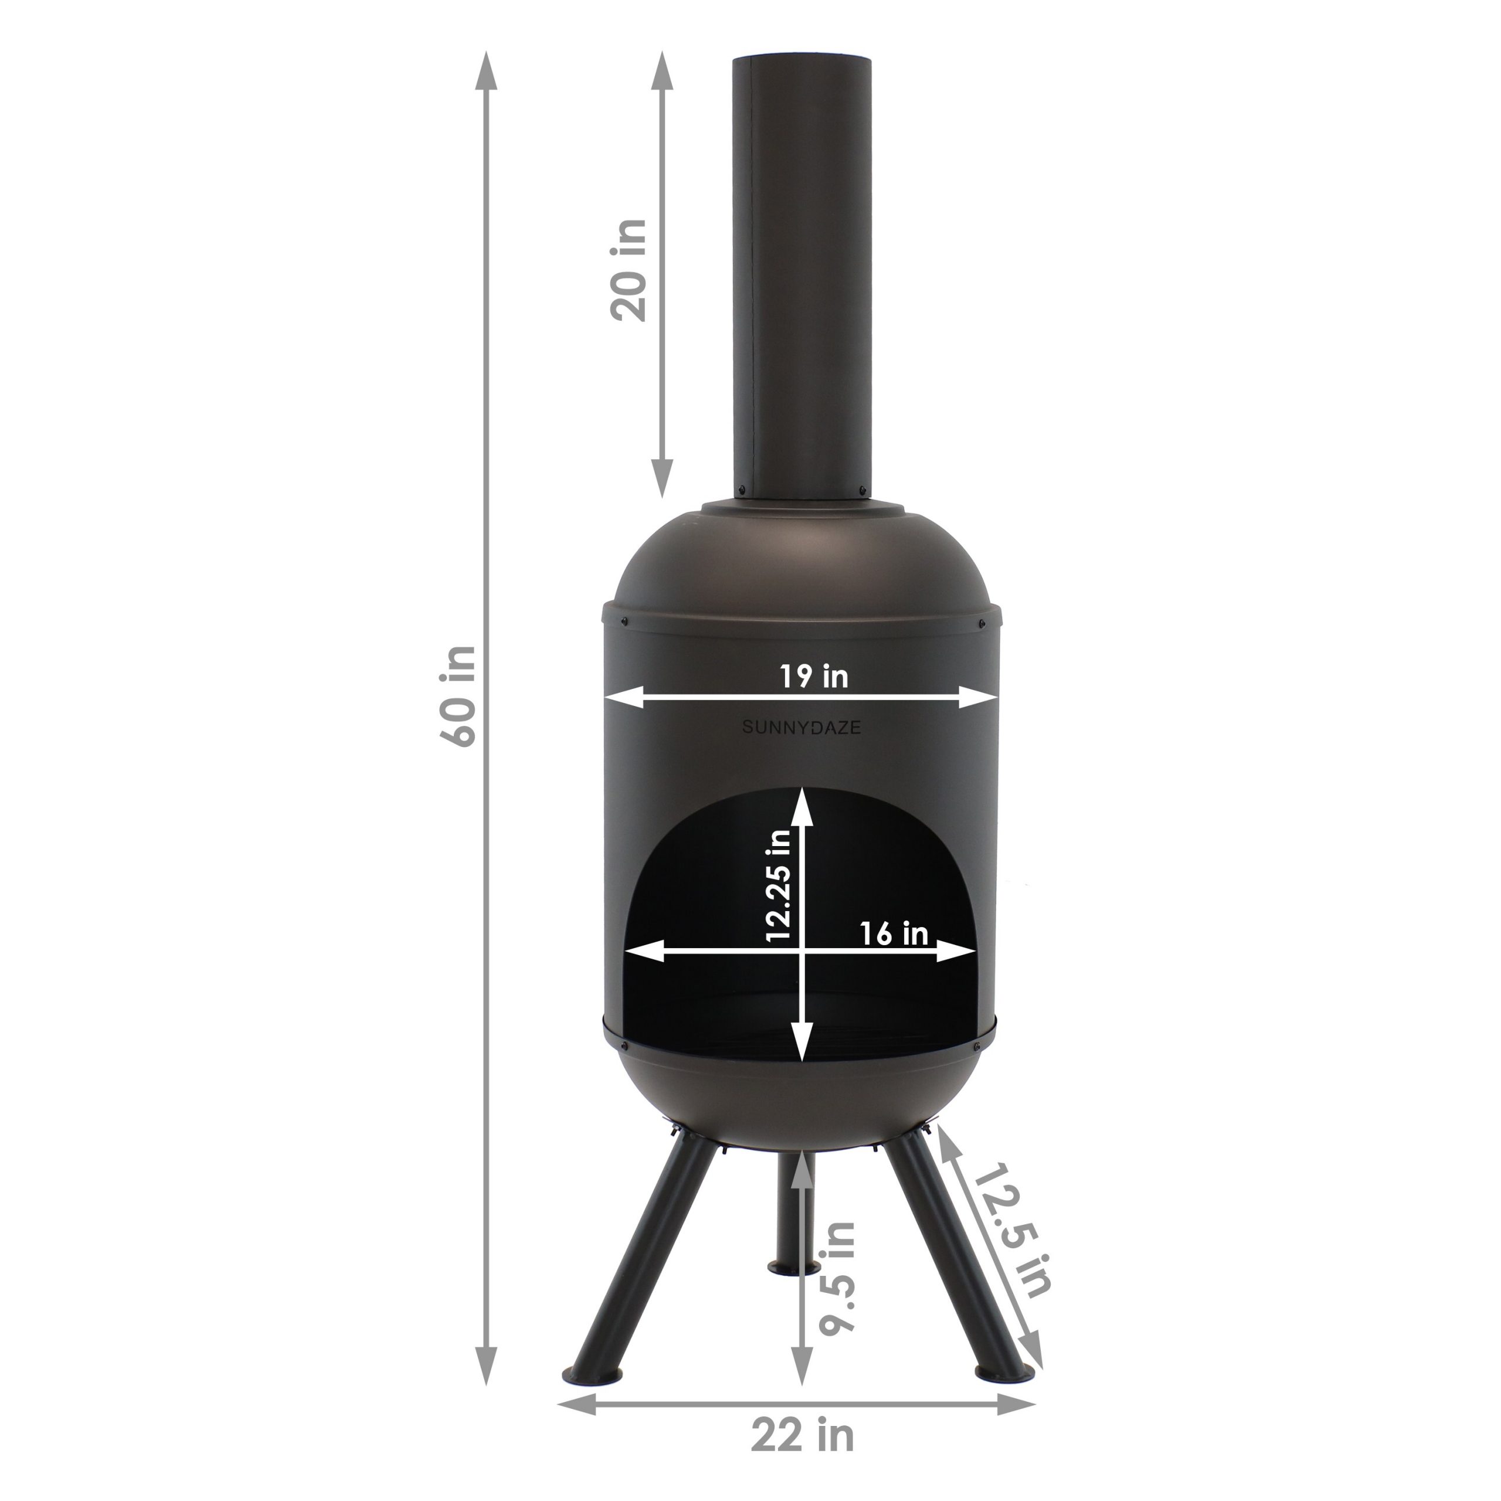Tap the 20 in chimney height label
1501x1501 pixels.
[629, 270]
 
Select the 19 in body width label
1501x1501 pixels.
[814, 676]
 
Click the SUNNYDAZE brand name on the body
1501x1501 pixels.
[801, 728]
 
